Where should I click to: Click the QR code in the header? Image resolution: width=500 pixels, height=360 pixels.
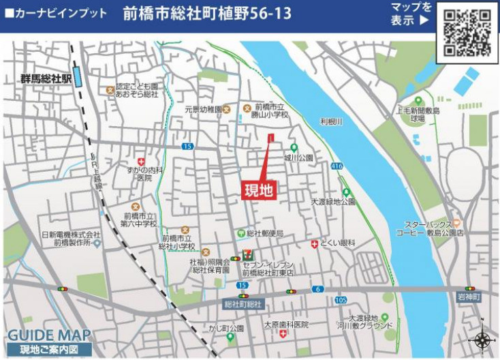click(x=467, y=32)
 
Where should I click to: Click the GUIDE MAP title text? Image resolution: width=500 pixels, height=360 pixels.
click(x=48, y=336)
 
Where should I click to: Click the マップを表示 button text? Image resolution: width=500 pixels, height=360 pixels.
click(x=411, y=14)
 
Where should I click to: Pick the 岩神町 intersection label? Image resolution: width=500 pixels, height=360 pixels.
click(x=469, y=297)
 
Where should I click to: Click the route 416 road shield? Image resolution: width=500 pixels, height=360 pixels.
click(x=337, y=166)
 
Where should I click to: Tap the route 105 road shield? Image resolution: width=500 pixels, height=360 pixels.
click(x=341, y=300)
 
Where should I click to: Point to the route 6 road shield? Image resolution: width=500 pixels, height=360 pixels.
click(x=318, y=289)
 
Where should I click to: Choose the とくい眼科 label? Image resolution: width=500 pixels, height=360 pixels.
click(x=338, y=243)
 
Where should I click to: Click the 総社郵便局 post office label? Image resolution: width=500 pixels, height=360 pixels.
click(x=264, y=234)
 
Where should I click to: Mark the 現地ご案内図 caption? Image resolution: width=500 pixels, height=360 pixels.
click(x=45, y=350)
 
